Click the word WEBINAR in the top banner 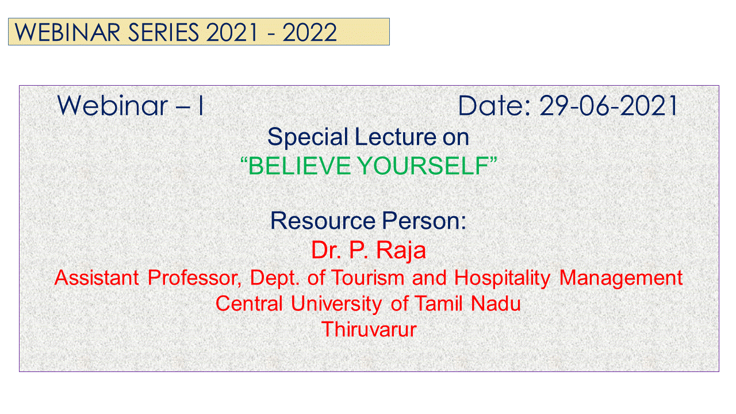tap(67, 32)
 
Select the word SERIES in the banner tap(163, 32)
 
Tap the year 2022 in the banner tap(309, 32)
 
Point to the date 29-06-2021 tap(608, 105)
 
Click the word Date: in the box tap(494, 105)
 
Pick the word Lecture tap(396, 137)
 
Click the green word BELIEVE tap(299, 166)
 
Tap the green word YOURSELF tap(424, 166)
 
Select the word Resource tap(323, 220)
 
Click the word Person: tap(424, 220)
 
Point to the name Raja tap(401, 251)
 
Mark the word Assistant tap(97, 278)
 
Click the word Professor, tap(194, 278)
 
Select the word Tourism tap(367, 278)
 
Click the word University tap(336, 304)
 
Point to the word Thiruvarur tap(369, 329)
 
